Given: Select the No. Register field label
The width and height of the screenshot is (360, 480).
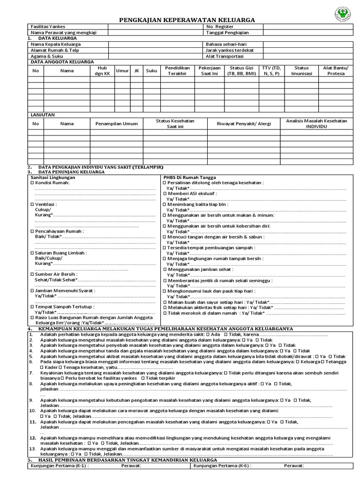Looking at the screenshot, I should [219, 27].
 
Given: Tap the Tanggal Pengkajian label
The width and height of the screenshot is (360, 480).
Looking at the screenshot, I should [227, 33].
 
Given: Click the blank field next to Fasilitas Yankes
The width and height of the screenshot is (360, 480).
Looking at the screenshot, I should [155, 27].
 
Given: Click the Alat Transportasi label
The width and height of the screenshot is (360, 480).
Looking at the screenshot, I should [225, 56].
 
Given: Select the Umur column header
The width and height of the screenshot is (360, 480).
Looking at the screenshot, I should [122, 71].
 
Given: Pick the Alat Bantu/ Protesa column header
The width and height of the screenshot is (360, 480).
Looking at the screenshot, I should [336, 71].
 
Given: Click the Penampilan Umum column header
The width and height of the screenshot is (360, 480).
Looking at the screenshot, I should [116, 124].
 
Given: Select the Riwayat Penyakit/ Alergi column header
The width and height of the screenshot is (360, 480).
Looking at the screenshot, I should [243, 124].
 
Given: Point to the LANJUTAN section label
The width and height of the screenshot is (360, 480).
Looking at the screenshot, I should [43, 114].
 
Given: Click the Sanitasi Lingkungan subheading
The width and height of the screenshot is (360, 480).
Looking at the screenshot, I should [52, 178].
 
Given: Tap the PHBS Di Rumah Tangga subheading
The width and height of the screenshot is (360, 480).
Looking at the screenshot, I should [189, 178].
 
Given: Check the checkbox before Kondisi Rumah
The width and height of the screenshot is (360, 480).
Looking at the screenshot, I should [32, 183].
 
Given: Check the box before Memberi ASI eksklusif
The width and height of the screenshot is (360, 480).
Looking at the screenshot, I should [165, 193].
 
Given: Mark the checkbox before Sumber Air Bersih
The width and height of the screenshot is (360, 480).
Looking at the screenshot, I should [32, 274].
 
